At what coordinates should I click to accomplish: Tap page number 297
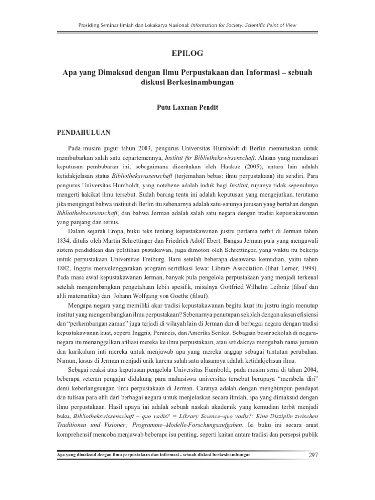pyautogui.click(x=312, y=456)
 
